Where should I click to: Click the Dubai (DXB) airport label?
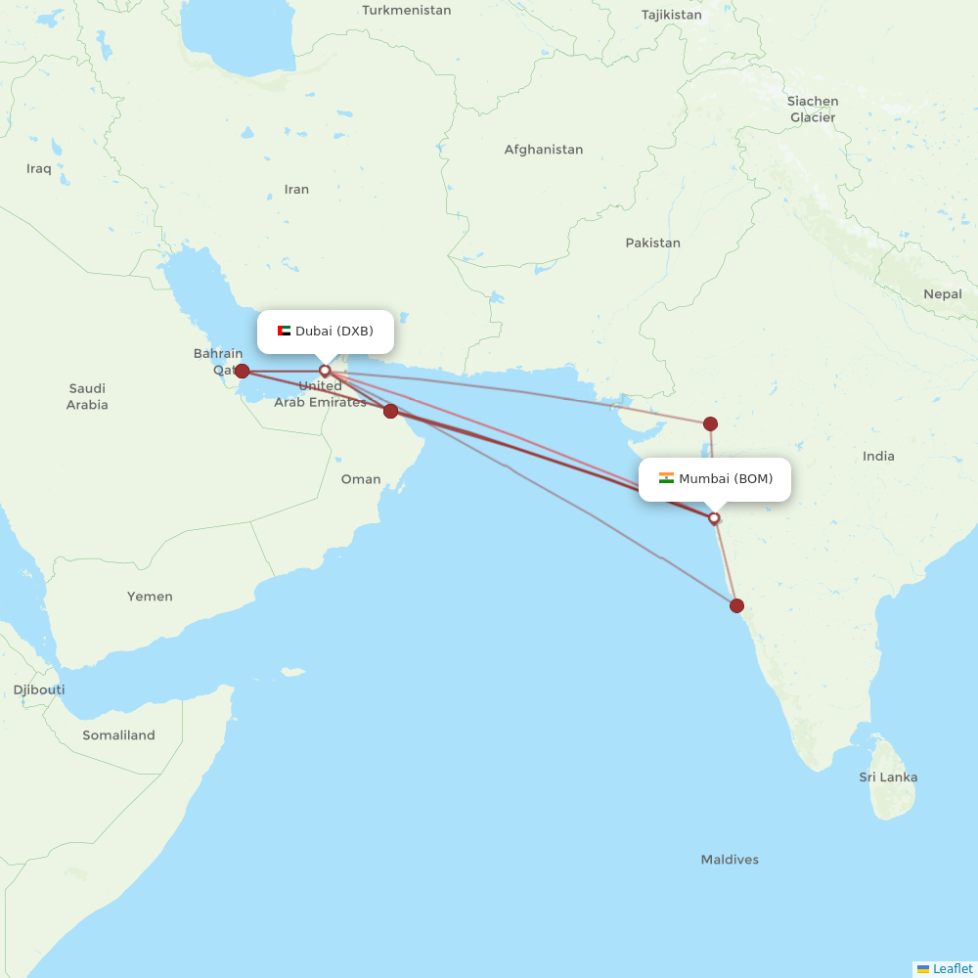333,331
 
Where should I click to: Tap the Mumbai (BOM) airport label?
726,478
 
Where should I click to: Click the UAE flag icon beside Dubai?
285,331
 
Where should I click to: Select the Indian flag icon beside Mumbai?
666,478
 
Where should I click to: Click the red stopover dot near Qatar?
242,371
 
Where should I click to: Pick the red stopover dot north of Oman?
390,411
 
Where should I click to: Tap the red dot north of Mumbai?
710,423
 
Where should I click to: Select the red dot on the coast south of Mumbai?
736,605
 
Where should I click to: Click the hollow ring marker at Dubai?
325,371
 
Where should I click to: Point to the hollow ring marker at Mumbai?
714,518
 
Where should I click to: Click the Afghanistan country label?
543,150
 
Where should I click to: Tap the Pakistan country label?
652,243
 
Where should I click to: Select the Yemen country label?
150,596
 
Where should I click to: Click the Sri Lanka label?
888,778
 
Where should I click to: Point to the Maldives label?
730,860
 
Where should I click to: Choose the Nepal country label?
942,293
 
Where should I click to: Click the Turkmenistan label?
406,10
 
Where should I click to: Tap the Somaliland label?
118,735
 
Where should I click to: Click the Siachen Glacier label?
813,109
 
